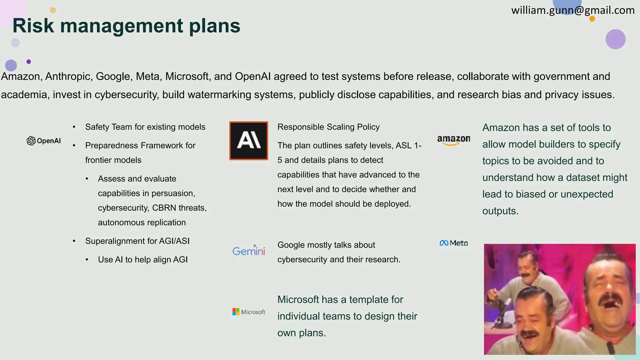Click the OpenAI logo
coord(44,141)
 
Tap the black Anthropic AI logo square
coord(249,141)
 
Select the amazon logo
coord(453,140)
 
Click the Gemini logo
coord(249,250)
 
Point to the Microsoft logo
coord(249,312)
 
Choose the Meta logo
coord(453,243)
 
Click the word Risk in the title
coord(33,26)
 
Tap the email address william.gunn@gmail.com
coord(572,10)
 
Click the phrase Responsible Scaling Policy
coord(328,127)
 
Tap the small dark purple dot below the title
coord(29,62)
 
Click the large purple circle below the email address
coord(615,39)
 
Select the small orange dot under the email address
coord(592,19)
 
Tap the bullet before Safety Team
coord(74,127)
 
